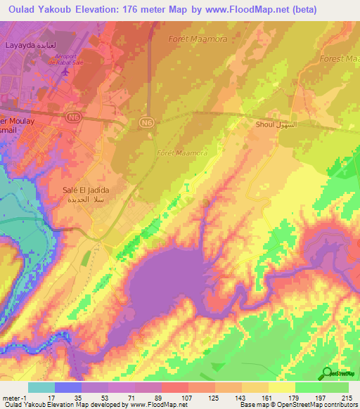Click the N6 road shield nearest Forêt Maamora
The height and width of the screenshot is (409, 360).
point(146,122)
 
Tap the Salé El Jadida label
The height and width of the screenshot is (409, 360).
point(87,195)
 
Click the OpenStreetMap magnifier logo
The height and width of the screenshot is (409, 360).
point(328,374)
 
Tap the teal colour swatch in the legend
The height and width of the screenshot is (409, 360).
point(41,387)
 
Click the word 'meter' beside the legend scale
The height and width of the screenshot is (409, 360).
point(9,397)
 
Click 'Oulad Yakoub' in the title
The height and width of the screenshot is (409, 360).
point(39,9)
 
